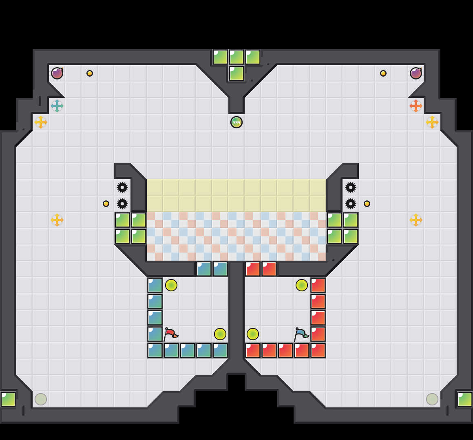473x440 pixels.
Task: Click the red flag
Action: (170, 334)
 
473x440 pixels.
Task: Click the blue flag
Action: (301, 334)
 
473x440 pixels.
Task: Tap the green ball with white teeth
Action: (236, 122)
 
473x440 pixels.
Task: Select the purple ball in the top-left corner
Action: (57, 73)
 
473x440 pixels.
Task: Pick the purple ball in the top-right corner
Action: (416, 73)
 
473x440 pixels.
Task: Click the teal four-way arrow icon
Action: (57, 106)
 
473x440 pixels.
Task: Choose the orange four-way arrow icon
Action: (416, 106)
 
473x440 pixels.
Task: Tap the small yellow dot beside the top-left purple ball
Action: (90, 73)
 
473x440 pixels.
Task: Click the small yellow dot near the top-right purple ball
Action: (383, 73)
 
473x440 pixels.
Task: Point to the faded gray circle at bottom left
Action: (41, 399)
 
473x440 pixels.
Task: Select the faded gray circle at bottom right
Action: (432, 399)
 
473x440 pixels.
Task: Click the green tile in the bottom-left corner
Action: (8, 399)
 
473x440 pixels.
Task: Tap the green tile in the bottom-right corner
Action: (465, 399)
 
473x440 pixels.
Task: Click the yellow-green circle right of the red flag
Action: (220, 334)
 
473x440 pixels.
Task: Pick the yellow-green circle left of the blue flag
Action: (253, 334)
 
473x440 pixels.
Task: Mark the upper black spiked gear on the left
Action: (122, 187)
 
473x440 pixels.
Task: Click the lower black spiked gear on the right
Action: (351, 204)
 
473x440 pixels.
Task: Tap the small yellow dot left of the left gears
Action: (106, 204)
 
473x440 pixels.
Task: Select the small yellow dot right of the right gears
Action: (367, 204)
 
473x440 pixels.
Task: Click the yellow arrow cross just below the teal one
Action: (41, 122)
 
